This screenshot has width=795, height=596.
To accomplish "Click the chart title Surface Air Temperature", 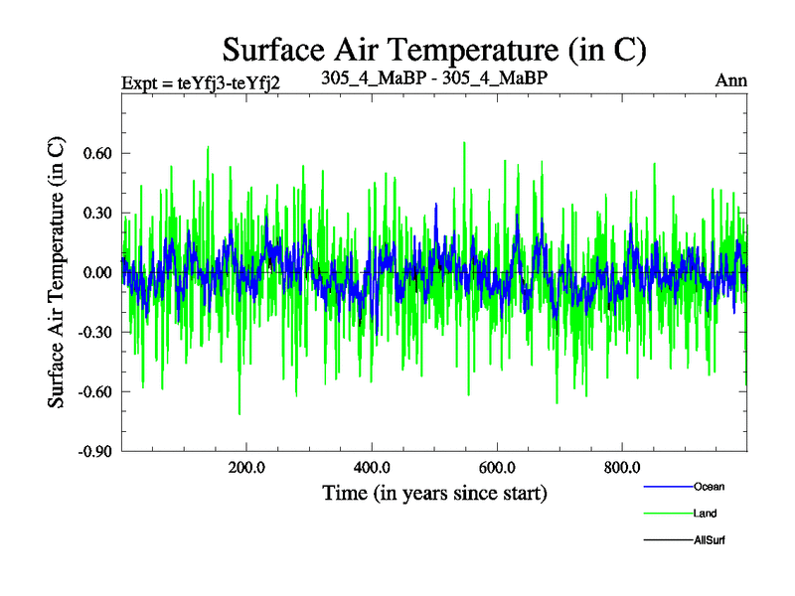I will [x=435, y=49].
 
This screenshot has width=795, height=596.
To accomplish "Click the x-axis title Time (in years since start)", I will [x=434, y=493].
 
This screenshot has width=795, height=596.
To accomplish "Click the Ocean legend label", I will [x=709, y=487].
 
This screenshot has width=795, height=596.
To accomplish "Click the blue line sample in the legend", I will [x=667, y=487].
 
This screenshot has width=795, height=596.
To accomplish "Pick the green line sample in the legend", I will [x=667, y=514].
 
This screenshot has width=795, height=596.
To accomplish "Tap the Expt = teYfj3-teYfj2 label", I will [x=200, y=82].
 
